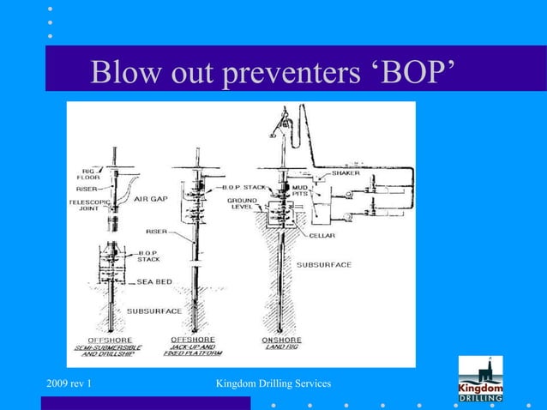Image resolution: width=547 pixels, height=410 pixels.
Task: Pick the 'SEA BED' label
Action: (155, 280)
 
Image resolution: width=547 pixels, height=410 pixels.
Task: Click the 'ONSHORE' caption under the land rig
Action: (281, 341)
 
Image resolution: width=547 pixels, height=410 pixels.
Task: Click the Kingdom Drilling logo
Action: (481, 380)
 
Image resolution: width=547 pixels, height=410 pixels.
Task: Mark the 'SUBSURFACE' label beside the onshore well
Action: (323, 266)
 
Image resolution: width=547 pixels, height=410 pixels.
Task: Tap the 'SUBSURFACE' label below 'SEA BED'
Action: (155, 310)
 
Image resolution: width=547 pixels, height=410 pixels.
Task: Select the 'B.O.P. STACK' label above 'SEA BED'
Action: (149, 256)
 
